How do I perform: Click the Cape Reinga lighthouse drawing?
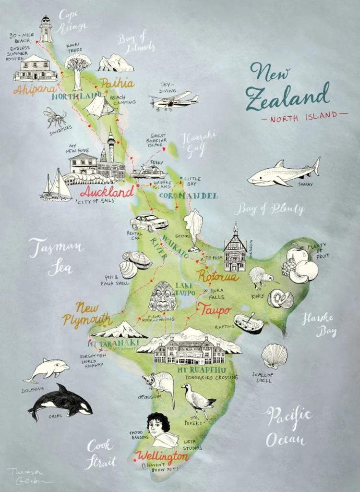[46, 29]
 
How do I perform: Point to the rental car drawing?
[149, 223]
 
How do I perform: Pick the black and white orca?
[60, 401]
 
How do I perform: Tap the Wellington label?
[162, 455]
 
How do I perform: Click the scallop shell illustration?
[275, 356]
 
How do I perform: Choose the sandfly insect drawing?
[55, 117]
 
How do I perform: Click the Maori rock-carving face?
[163, 296]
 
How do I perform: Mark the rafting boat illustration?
[249, 323]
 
